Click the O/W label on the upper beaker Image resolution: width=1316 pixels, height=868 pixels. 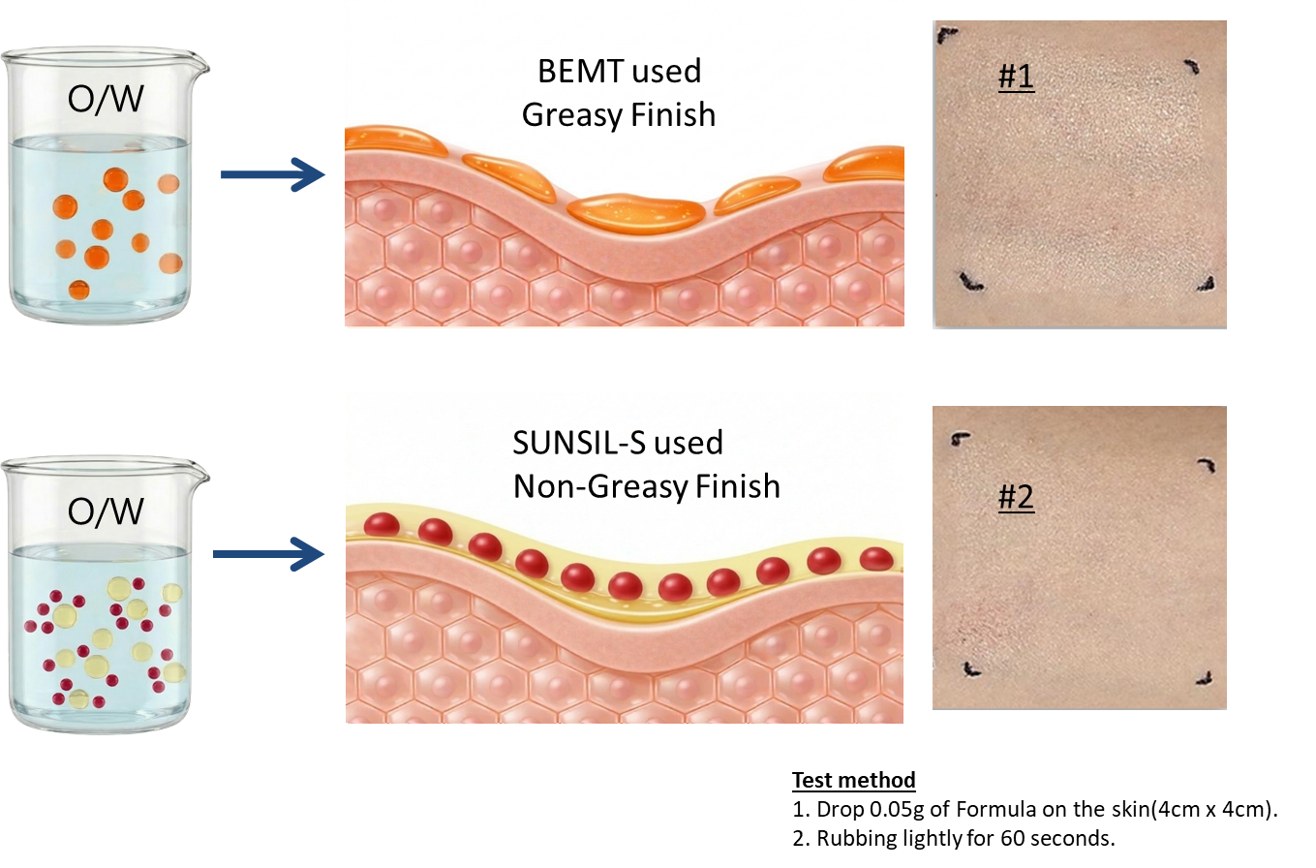106,99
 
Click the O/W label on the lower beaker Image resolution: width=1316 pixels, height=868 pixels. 106,511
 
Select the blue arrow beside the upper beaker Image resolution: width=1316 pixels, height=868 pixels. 273,174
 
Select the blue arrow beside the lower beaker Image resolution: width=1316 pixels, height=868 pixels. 268,554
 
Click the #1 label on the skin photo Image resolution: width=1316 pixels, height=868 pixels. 1017,77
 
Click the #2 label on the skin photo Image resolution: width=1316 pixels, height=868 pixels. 1017,497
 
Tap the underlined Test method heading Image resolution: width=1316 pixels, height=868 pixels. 854,781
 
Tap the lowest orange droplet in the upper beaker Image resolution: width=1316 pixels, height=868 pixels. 78,290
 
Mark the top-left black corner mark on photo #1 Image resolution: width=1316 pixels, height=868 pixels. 946,35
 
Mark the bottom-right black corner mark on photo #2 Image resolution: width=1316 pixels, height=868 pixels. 1205,679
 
